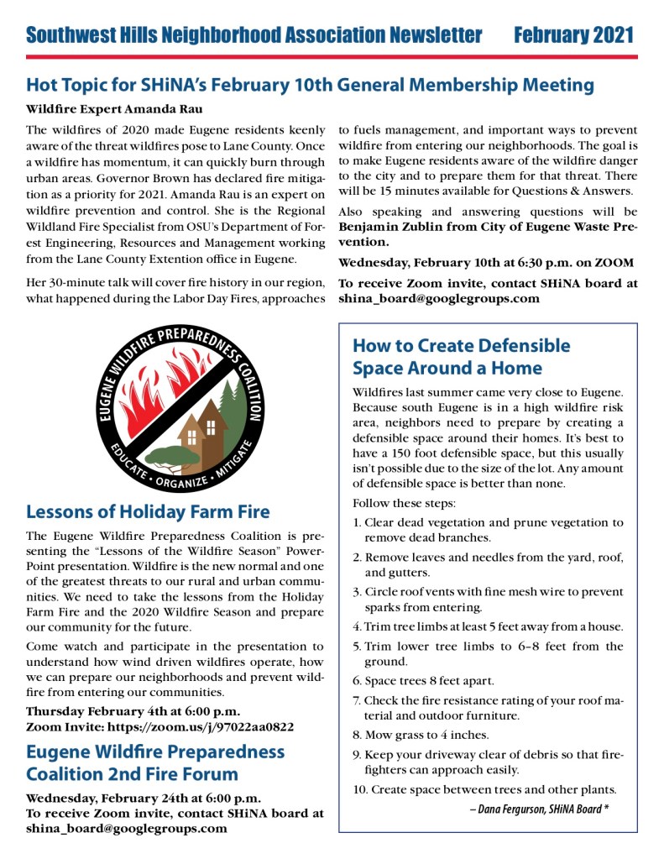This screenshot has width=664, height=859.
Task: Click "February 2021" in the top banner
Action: pos(573,35)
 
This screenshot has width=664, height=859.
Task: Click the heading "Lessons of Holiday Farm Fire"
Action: pos(148,511)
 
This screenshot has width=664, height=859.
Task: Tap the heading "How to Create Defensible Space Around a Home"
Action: pos(461,357)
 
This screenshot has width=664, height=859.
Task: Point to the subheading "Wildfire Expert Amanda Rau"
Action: pos(114,109)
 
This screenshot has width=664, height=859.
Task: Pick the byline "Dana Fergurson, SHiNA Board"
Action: pos(539,809)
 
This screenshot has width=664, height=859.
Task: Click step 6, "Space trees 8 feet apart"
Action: pos(423,681)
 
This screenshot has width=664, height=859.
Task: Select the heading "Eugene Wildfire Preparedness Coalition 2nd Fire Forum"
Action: pos(155,762)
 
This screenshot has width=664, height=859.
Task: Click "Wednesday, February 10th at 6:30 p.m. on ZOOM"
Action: pos(486,263)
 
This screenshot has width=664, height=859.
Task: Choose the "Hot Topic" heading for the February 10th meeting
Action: pos(310,85)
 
